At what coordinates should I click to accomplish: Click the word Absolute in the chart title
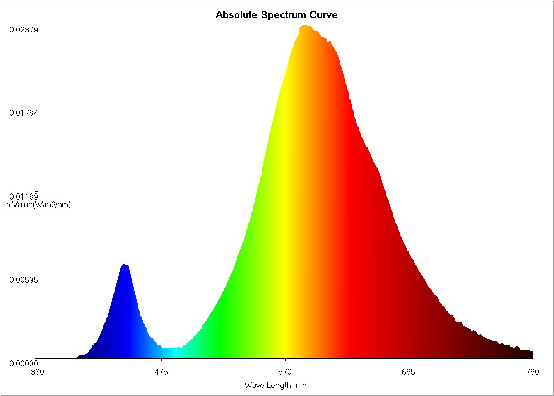click(x=236, y=15)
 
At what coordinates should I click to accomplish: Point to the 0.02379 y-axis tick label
click(x=24, y=30)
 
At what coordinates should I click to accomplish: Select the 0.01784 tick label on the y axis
click(x=24, y=113)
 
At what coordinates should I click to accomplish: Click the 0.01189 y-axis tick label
click(x=24, y=196)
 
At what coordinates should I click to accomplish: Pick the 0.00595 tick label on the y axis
click(x=24, y=280)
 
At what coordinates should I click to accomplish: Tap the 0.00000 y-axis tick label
click(x=24, y=363)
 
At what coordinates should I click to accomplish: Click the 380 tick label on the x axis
click(x=38, y=372)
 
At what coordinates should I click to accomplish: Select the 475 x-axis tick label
click(x=161, y=372)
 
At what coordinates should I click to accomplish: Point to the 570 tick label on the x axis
click(x=285, y=372)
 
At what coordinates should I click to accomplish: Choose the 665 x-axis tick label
click(x=409, y=372)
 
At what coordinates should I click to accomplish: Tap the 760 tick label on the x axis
click(x=532, y=372)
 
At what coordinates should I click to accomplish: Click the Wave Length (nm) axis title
click(x=277, y=385)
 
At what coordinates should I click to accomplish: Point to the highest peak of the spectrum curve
click(x=304, y=26)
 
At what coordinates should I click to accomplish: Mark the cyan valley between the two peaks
click(x=170, y=348)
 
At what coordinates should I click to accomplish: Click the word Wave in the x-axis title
click(x=254, y=385)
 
